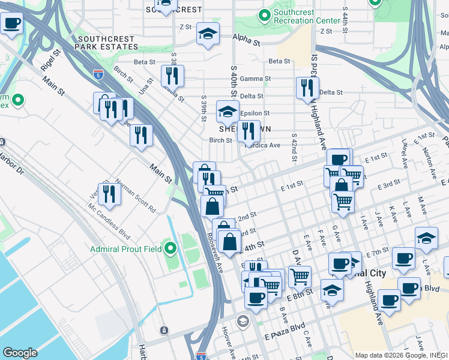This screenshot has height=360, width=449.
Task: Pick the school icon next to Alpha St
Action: pyautogui.click(x=207, y=34)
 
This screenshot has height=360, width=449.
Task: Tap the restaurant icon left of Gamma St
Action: pyautogui.click(x=172, y=76)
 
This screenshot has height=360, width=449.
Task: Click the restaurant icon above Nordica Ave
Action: pyautogui.click(x=248, y=131)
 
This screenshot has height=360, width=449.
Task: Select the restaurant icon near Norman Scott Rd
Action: pyautogui.click(x=109, y=193)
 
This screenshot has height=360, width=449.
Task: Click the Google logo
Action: pyautogui.click(x=20, y=353)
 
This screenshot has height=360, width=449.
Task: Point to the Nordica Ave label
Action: pyautogui.click(x=262, y=145)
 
